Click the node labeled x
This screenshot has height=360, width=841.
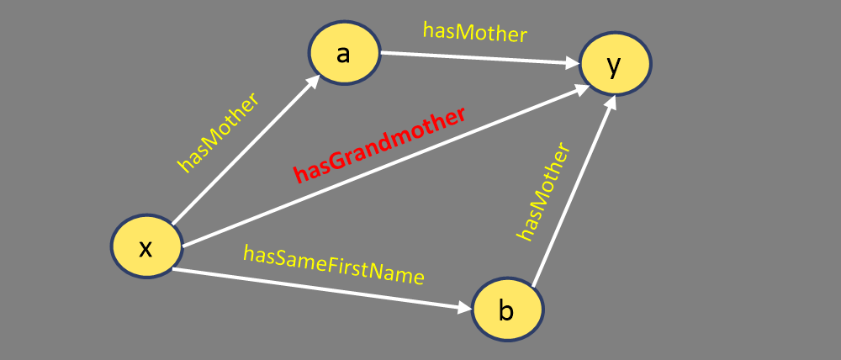(146, 246)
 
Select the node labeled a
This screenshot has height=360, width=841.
(343, 53)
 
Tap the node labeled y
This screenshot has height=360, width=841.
(615, 65)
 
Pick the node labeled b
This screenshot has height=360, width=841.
(506, 310)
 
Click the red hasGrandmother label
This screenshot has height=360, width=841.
(378, 145)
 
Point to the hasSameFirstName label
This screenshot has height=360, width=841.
(333, 264)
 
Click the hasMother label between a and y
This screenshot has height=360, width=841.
(474, 33)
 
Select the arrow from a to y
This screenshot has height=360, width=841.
(479, 59)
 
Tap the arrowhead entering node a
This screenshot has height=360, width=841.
(315, 81)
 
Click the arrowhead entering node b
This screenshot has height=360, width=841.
(464, 309)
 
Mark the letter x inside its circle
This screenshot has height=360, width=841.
(145, 247)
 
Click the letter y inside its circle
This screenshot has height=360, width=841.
(615, 66)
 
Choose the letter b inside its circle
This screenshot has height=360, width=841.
(505, 310)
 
